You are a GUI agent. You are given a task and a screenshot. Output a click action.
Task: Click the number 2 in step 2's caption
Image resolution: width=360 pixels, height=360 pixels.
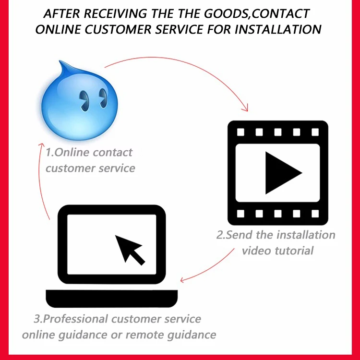pos(220,236)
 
